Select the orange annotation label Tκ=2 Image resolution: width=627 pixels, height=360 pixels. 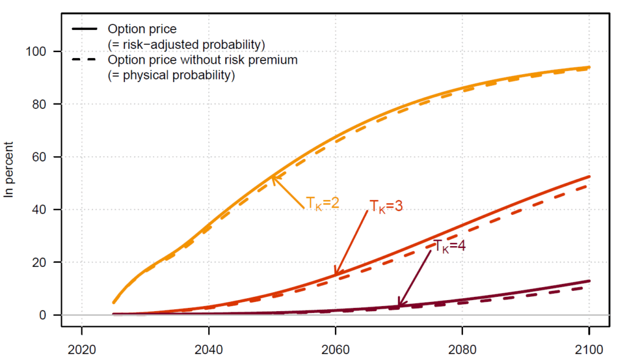(x=323, y=203)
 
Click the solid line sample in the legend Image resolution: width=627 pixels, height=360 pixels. (x=84, y=29)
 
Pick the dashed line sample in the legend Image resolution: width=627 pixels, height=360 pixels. (x=84, y=60)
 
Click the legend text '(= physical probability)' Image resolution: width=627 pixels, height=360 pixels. (x=171, y=76)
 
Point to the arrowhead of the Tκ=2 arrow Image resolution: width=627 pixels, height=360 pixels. (x=272, y=178)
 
